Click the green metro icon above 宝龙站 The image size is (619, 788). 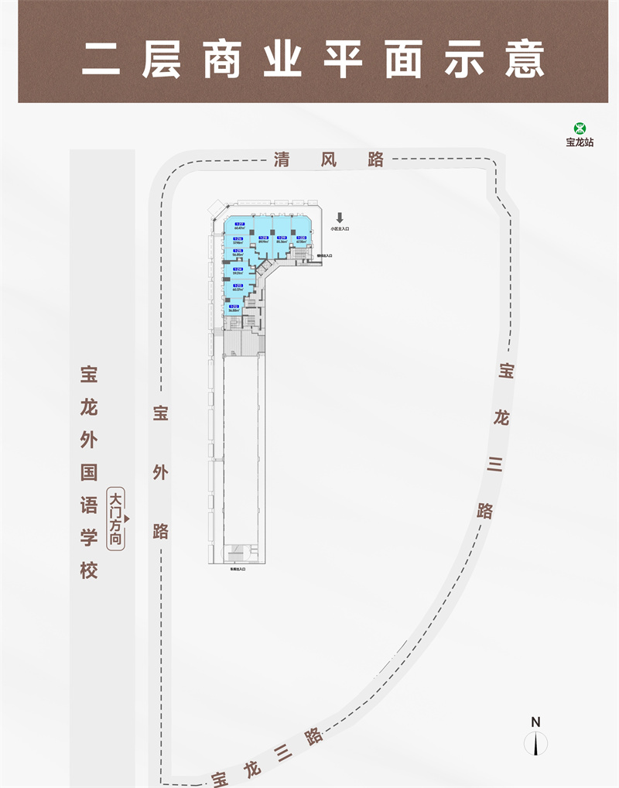click(580, 129)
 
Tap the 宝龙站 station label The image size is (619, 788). click(580, 142)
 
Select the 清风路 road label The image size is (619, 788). click(329, 160)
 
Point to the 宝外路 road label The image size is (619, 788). click(160, 472)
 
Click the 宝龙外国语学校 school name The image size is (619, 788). click(89, 472)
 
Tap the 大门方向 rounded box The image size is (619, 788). click(116, 519)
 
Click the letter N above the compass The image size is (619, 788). click(535, 721)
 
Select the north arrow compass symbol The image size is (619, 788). click(535, 744)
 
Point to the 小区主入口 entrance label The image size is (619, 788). click(340, 229)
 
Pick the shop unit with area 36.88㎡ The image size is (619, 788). click(234, 310)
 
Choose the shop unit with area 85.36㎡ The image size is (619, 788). click(282, 240)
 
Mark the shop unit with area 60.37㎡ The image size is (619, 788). click(238, 289)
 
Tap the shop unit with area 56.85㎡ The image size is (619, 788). click(238, 253)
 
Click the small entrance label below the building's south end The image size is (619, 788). click(238, 570)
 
